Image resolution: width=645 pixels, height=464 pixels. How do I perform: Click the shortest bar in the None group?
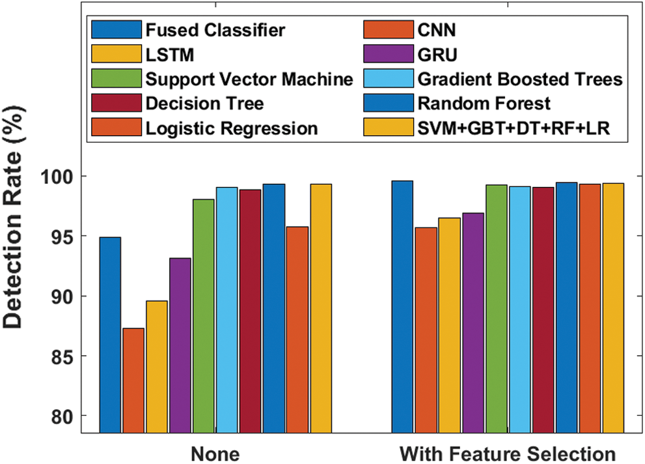point(133,380)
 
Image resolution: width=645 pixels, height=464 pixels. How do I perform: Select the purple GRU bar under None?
point(180,345)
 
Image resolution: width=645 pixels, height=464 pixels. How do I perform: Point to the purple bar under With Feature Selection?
point(473,323)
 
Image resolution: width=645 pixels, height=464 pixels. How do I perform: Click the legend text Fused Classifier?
point(215,30)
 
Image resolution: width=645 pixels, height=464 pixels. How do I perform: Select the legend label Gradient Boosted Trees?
point(520,80)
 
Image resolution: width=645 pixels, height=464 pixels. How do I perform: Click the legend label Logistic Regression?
point(232,128)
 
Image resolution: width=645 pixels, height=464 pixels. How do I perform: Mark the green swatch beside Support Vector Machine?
point(117,80)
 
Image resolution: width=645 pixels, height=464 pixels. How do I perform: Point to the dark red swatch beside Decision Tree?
point(117,104)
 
